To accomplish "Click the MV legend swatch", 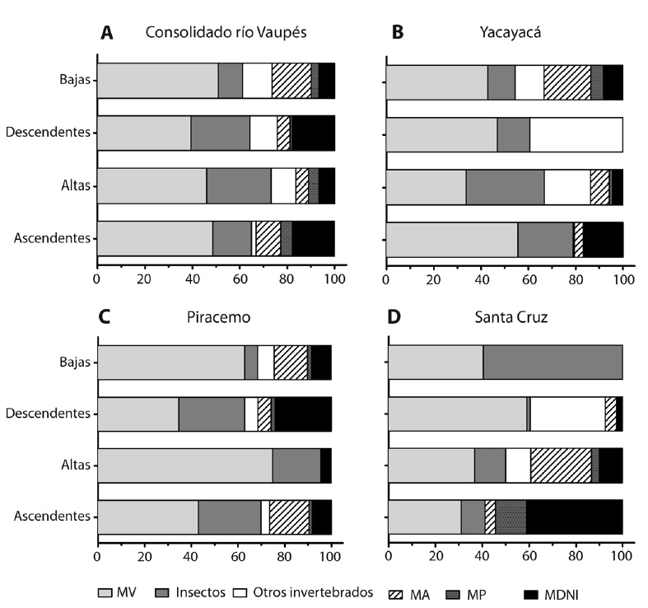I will (107, 592).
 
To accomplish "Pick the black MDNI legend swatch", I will (534, 592).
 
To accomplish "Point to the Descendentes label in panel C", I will (52, 414).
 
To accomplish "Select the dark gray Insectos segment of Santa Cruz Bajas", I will (552, 362).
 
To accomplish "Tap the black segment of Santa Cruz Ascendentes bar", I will (574, 517).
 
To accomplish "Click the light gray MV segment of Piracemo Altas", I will (184, 465).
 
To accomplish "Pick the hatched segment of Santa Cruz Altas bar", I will (561, 465).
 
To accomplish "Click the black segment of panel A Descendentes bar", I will (313, 133).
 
